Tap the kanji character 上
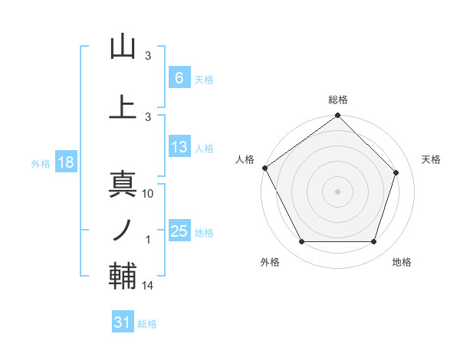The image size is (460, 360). tap(123, 106)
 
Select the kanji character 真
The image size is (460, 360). tap(123, 184)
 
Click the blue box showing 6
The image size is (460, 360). tap(179, 78)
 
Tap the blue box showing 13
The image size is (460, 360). tap(179, 148)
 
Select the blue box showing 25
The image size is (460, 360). tap(179, 231)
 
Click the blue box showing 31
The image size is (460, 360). tap(123, 322)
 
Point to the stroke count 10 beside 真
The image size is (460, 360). tap(149, 194)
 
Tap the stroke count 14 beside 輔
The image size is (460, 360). tap(149, 286)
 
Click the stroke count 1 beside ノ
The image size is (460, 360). tap(149, 240)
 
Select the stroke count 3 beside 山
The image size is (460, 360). tap(149, 56)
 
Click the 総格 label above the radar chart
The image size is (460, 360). tap(338, 100)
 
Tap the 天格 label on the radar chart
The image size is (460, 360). tap(432, 159)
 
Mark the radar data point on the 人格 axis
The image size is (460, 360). tap(264, 168)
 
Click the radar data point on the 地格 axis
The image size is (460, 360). tap(374, 242)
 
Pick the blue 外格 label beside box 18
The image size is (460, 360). tap(40, 163)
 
